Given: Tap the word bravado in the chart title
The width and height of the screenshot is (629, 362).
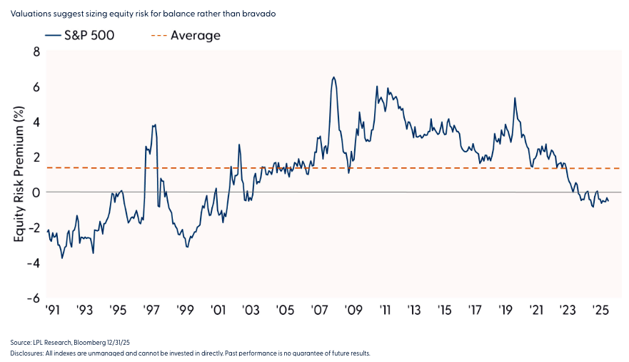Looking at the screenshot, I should [236, 13].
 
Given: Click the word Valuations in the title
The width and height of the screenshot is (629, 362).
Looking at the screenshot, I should [31, 13].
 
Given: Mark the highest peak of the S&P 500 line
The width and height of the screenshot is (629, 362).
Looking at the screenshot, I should [333, 77].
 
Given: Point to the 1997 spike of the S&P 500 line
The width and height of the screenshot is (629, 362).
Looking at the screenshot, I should [154, 125].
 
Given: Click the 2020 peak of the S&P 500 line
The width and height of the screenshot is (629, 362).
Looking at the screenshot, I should [514, 98].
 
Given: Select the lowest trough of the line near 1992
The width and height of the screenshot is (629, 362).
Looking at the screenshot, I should [62, 258].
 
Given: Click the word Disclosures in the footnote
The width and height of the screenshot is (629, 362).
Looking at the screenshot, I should [26, 353].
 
